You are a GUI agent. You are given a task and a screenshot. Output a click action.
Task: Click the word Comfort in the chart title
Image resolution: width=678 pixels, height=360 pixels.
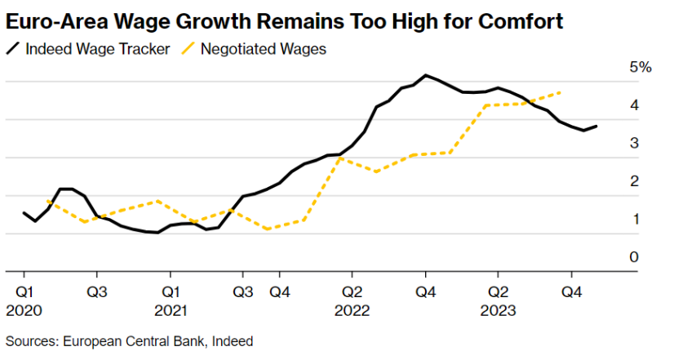[521, 21]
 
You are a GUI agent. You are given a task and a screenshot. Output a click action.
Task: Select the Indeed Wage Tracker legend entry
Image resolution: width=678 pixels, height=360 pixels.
[88, 49]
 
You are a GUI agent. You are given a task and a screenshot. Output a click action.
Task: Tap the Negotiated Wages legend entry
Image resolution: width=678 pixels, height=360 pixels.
[254, 49]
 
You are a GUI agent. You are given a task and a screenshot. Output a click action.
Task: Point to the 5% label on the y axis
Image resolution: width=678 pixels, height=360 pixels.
[640, 67]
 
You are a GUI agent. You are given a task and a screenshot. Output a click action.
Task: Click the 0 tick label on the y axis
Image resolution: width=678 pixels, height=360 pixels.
[634, 257]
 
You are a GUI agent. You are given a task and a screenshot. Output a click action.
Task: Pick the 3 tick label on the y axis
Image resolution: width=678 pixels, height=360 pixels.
[634, 143]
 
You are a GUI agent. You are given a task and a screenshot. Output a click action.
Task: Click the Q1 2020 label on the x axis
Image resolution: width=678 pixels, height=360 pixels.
[24, 301]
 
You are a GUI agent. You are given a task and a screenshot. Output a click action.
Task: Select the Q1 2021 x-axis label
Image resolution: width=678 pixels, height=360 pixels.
[171, 301]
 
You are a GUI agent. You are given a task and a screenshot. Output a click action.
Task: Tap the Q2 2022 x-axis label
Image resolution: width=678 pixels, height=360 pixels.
[352, 301]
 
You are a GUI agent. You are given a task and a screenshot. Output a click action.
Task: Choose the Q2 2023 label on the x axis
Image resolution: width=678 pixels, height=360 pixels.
[499, 301]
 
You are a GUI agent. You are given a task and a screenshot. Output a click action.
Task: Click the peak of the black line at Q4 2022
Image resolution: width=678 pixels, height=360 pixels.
[425, 75]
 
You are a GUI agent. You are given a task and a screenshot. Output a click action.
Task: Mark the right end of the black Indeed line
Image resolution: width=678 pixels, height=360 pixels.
[596, 127]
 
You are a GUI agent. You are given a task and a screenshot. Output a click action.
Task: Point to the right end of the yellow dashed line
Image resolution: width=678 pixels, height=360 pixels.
[561, 92]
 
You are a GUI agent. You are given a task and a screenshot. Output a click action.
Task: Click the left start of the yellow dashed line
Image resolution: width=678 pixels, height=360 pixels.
[47, 201]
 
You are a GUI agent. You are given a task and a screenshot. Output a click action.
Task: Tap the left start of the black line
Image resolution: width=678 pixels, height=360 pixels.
[24, 213]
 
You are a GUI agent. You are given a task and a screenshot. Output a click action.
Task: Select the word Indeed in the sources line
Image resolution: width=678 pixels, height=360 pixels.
[233, 341]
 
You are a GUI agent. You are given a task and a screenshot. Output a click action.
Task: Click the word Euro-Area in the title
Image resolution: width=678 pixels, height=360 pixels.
[56, 21]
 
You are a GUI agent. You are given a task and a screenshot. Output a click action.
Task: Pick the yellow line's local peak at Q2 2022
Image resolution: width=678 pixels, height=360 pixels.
[340, 158]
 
